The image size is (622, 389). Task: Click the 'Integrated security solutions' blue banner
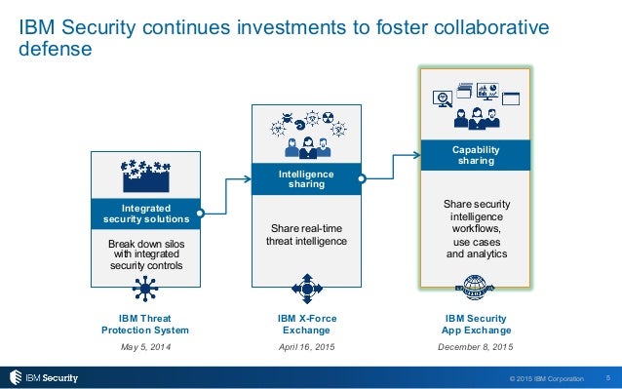[x=146, y=214]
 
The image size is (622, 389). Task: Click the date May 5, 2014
[x=145, y=346]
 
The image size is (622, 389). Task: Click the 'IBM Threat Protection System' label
[x=145, y=325]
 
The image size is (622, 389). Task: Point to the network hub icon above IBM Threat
[x=146, y=289]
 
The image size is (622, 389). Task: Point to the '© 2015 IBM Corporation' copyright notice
[x=546, y=378]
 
